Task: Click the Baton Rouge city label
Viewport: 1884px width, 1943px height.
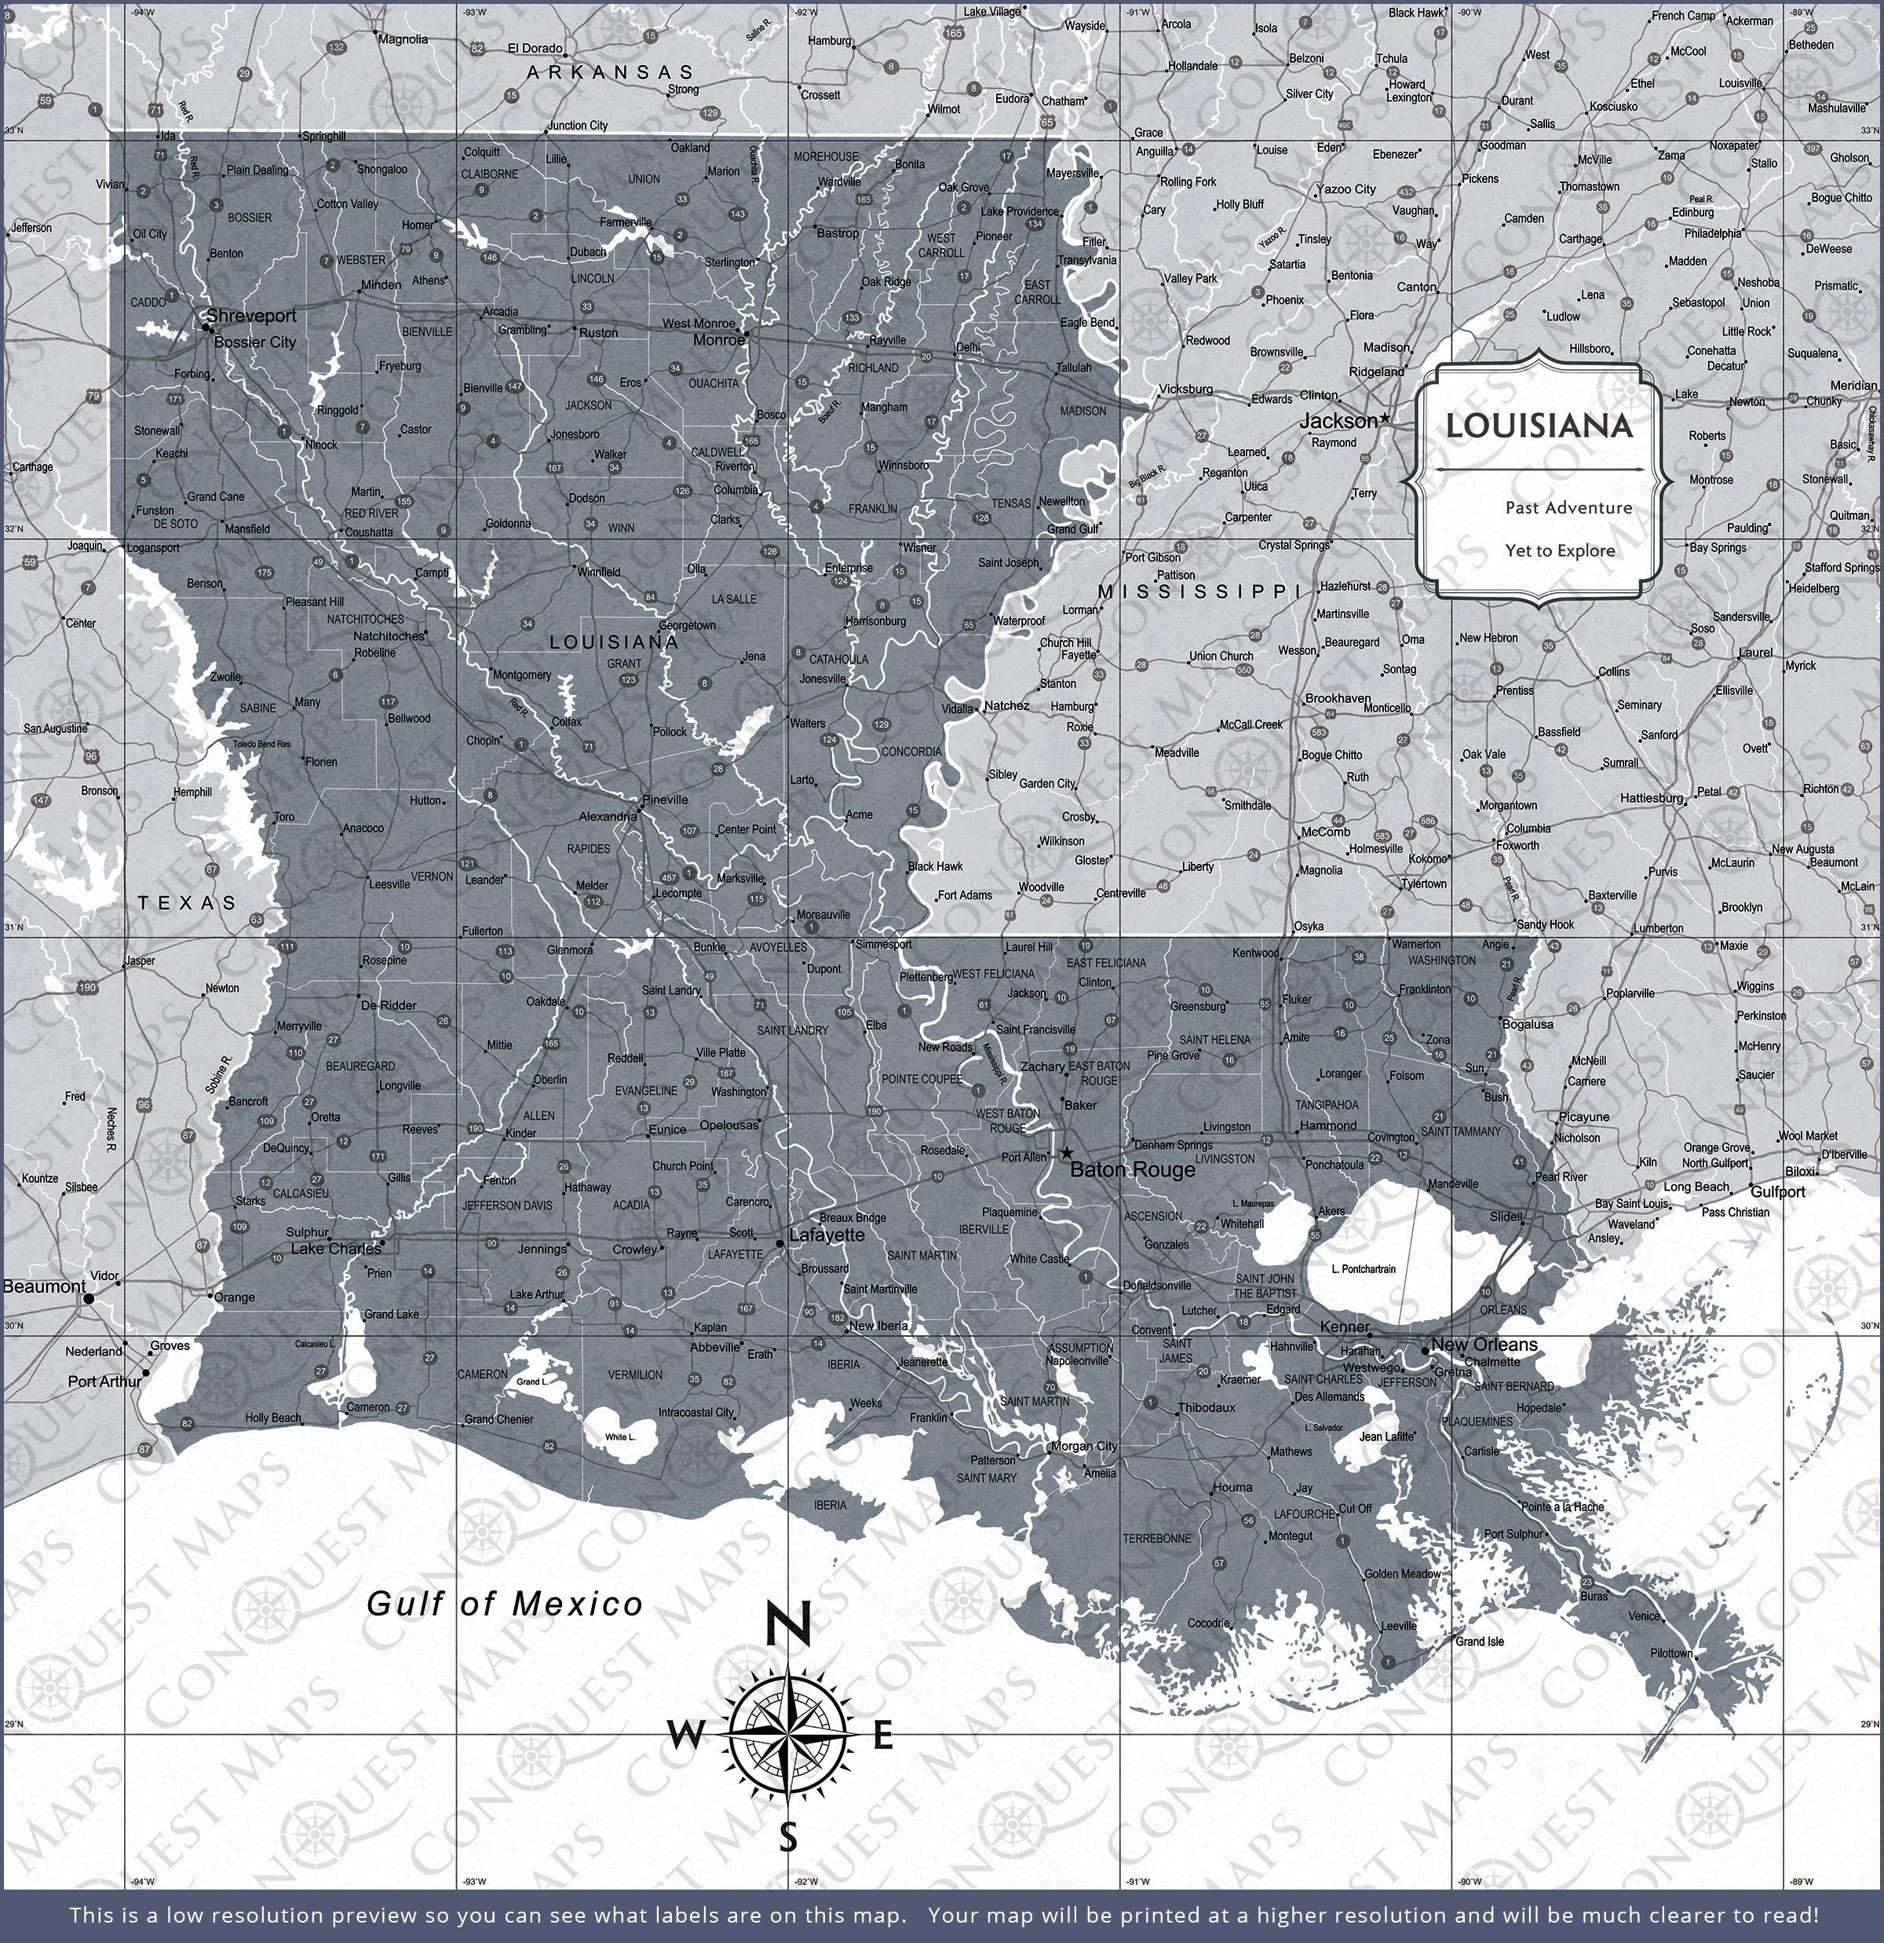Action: pyautogui.click(x=1133, y=1169)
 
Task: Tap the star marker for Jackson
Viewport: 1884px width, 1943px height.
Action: pyautogui.click(x=1385, y=419)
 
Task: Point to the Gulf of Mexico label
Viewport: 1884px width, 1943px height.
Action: pyautogui.click(x=505, y=1604)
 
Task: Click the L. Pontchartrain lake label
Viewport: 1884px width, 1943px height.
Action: pyautogui.click(x=1364, y=1269)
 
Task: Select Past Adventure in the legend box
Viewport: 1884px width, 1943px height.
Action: pyautogui.click(x=1568, y=507)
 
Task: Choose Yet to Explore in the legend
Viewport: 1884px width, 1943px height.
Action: pyautogui.click(x=1560, y=551)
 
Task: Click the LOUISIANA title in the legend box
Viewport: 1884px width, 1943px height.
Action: pyautogui.click(x=1538, y=426)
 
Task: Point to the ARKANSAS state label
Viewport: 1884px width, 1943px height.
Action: pyautogui.click(x=611, y=72)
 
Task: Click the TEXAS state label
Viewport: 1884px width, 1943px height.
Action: pyautogui.click(x=188, y=902)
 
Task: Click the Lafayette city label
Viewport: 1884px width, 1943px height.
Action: pyautogui.click(x=827, y=1235)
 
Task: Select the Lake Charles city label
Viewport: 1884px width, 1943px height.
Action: pyautogui.click(x=335, y=1248)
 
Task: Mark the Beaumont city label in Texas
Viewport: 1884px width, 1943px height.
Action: pyautogui.click(x=44, y=1286)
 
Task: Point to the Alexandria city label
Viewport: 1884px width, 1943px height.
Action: pyautogui.click(x=608, y=817)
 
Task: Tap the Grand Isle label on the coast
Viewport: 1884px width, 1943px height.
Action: pyautogui.click(x=1479, y=1641)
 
